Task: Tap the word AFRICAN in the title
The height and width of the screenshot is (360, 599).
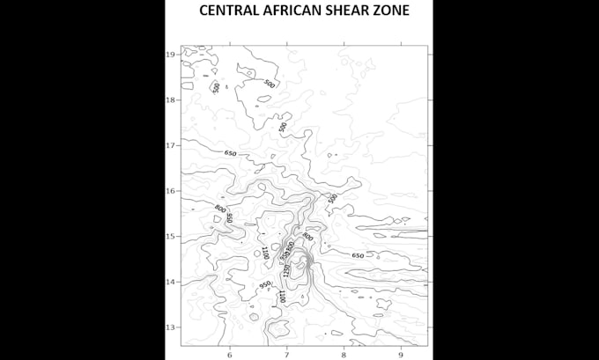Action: [297, 11]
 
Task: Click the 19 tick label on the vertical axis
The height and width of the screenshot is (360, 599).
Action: [172, 54]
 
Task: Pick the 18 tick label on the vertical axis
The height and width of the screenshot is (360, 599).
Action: [172, 99]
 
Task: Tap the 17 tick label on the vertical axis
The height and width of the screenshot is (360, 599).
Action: [172, 145]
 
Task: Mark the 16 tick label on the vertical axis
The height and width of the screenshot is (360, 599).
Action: [172, 190]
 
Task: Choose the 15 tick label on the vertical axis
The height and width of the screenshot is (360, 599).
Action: [172, 236]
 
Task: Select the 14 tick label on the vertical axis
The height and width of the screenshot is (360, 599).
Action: [172, 282]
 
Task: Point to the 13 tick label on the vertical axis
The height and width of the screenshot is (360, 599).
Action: [172, 327]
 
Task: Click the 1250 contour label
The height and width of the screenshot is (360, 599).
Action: [286, 271]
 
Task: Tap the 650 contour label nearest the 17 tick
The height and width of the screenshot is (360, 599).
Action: [231, 153]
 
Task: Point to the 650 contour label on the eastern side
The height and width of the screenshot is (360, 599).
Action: [358, 255]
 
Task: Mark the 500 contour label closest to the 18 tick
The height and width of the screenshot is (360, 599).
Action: [217, 88]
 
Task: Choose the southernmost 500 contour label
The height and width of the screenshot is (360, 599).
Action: [332, 199]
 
